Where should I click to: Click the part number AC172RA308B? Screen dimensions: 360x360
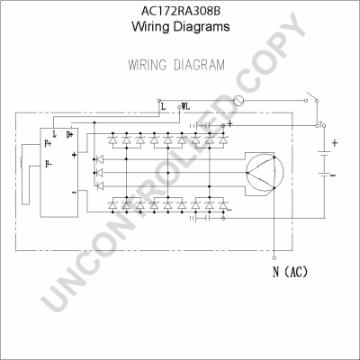click(181, 12)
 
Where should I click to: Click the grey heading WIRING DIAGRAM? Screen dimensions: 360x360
click(176, 65)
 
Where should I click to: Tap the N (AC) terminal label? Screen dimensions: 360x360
click(290, 272)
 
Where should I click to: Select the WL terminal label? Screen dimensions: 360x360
click(185, 106)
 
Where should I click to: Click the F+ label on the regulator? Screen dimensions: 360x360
click(48, 144)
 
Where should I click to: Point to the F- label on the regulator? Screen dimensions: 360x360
click(49, 164)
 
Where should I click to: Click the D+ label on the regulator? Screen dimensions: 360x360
click(69, 135)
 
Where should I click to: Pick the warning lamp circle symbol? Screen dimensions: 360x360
click(238, 101)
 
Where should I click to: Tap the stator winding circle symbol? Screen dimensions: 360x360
click(265, 173)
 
